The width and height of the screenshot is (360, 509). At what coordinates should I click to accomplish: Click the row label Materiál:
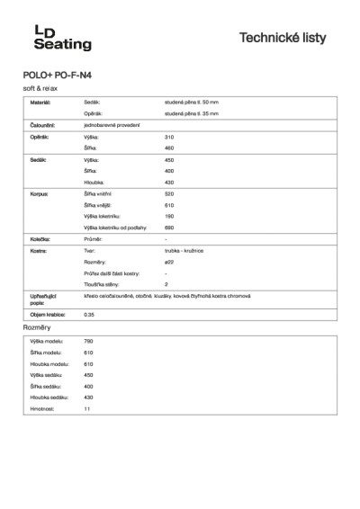[x=40, y=103]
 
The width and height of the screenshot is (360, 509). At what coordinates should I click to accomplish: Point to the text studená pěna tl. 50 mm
[x=191, y=103]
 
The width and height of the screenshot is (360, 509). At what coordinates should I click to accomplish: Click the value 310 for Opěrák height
[x=169, y=136]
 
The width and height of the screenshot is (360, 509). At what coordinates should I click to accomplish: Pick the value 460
[x=169, y=147]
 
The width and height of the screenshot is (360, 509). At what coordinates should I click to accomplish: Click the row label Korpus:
[x=39, y=193]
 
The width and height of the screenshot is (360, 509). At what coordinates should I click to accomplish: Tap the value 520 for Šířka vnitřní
[x=169, y=193]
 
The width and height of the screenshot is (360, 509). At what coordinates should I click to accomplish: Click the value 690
[x=169, y=228]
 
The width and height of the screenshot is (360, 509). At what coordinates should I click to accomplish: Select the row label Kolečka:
[x=40, y=239]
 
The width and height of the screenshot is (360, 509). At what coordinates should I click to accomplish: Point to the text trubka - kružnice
[x=184, y=251]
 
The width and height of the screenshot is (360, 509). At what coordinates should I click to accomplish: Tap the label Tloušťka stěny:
[x=102, y=283]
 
